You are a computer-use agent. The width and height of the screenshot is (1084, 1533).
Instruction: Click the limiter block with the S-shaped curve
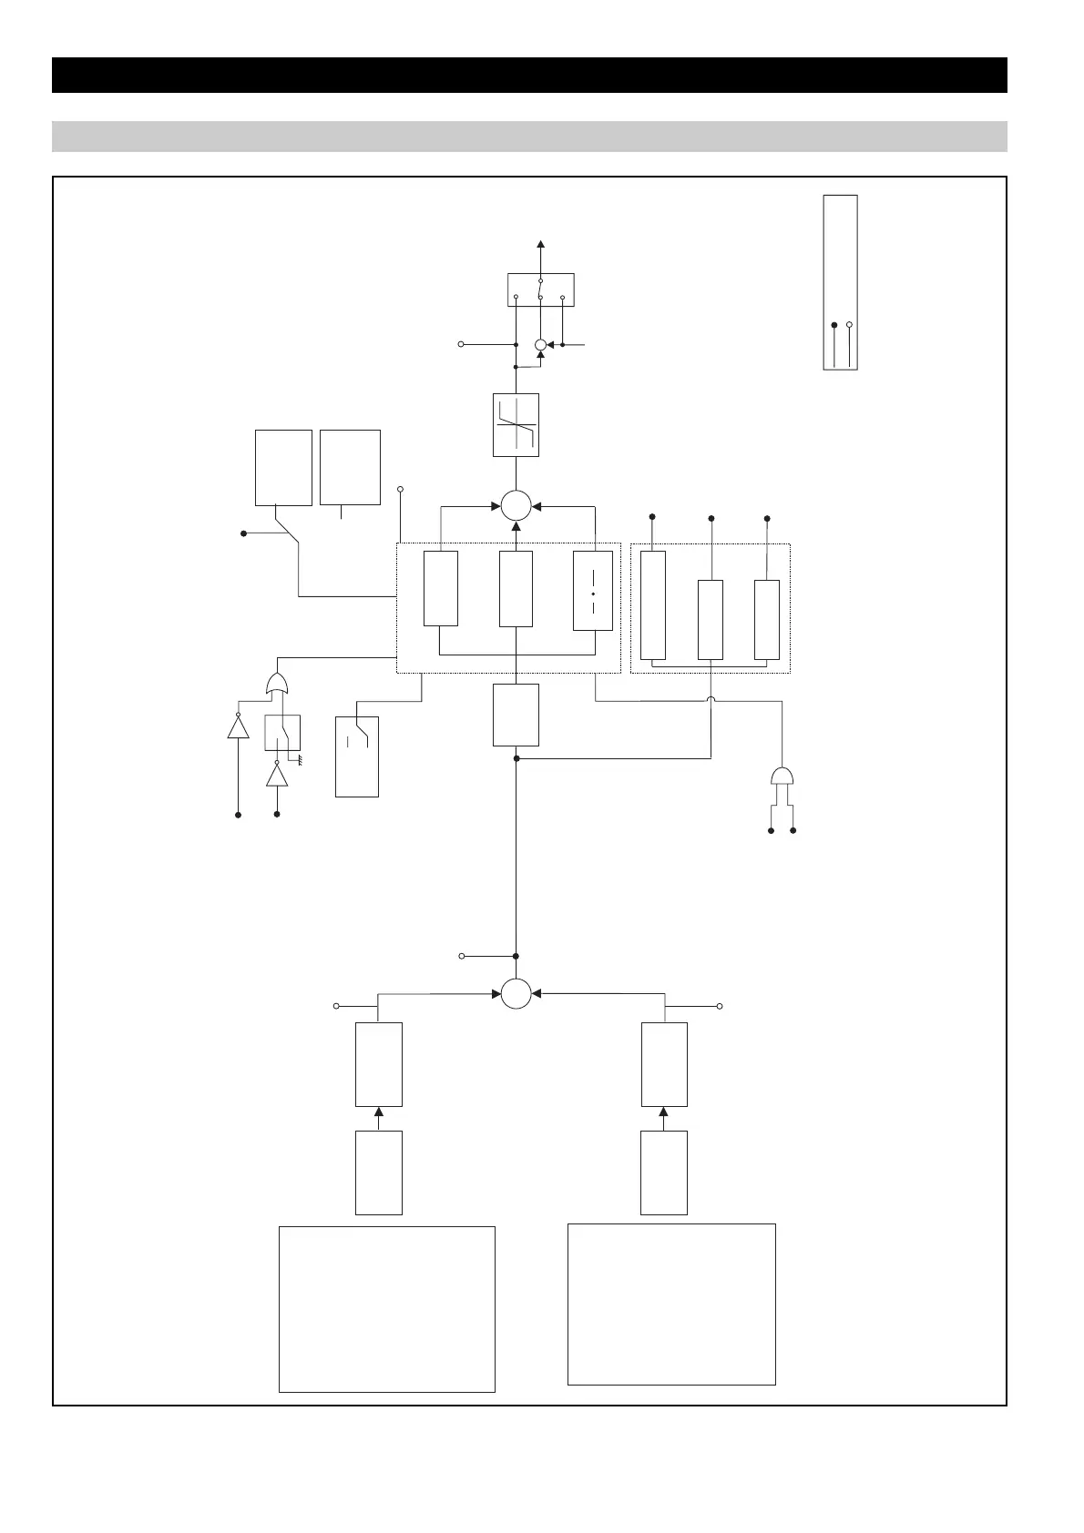(x=516, y=424)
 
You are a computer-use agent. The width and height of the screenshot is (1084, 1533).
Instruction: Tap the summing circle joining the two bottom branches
(x=516, y=993)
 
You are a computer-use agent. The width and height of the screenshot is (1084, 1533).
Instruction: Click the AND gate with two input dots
(x=782, y=777)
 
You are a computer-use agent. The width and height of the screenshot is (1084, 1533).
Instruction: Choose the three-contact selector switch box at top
(x=540, y=289)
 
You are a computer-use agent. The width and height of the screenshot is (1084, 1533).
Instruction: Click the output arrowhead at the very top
(x=540, y=244)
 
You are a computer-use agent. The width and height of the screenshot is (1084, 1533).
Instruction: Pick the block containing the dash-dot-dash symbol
(x=593, y=592)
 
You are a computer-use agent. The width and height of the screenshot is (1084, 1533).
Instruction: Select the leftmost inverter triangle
(x=238, y=727)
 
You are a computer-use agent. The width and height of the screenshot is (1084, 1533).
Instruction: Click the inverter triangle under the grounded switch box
(x=277, y=776)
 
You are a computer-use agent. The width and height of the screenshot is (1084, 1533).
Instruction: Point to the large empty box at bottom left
(x=386, y=1308)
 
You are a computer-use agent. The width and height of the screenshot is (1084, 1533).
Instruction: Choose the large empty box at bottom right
(x=671, y=1304)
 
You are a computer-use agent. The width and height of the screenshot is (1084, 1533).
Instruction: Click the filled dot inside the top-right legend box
(x=834, y=324)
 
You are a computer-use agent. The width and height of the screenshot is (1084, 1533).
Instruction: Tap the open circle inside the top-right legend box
(x=849, y=324)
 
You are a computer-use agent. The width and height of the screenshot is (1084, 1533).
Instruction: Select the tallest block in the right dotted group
(x=653, y=604)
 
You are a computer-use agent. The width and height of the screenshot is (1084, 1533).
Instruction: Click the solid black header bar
(x=529, y=76)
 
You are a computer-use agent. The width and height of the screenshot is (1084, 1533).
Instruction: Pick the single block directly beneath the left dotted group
(x=516, y=715)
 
